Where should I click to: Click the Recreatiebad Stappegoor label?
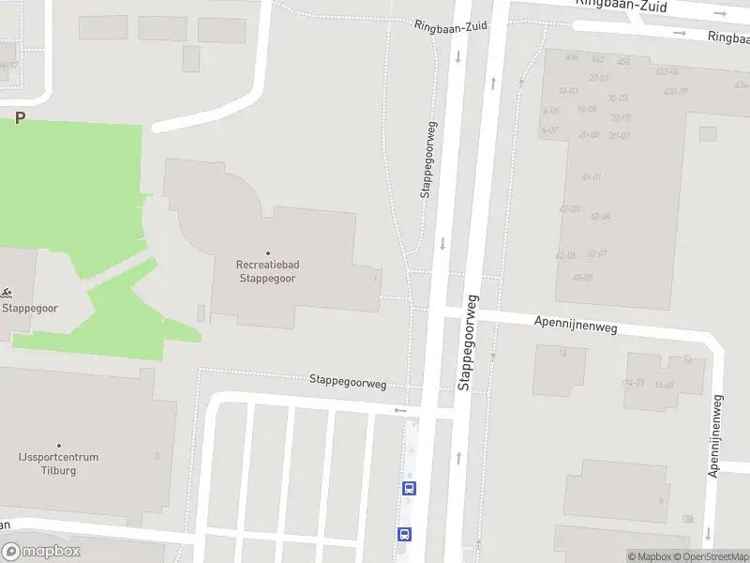click(267, 271)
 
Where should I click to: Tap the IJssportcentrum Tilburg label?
click(58, 464)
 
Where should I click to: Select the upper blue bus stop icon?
click(409, 488)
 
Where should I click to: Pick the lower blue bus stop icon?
click(404, 534)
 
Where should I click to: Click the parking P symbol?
click(19, 118)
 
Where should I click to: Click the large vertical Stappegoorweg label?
click(466, 342)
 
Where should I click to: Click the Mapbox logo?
click(41, 552)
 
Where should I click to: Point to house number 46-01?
click(592, 176)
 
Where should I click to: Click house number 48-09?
click(582, 277)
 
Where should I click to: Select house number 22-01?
click(599, 78)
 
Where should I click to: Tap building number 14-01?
click(635, 383)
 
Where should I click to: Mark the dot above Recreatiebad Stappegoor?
click(267, 253)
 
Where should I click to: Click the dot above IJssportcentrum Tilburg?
click(58, 446)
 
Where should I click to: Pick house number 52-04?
click(600, 217)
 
